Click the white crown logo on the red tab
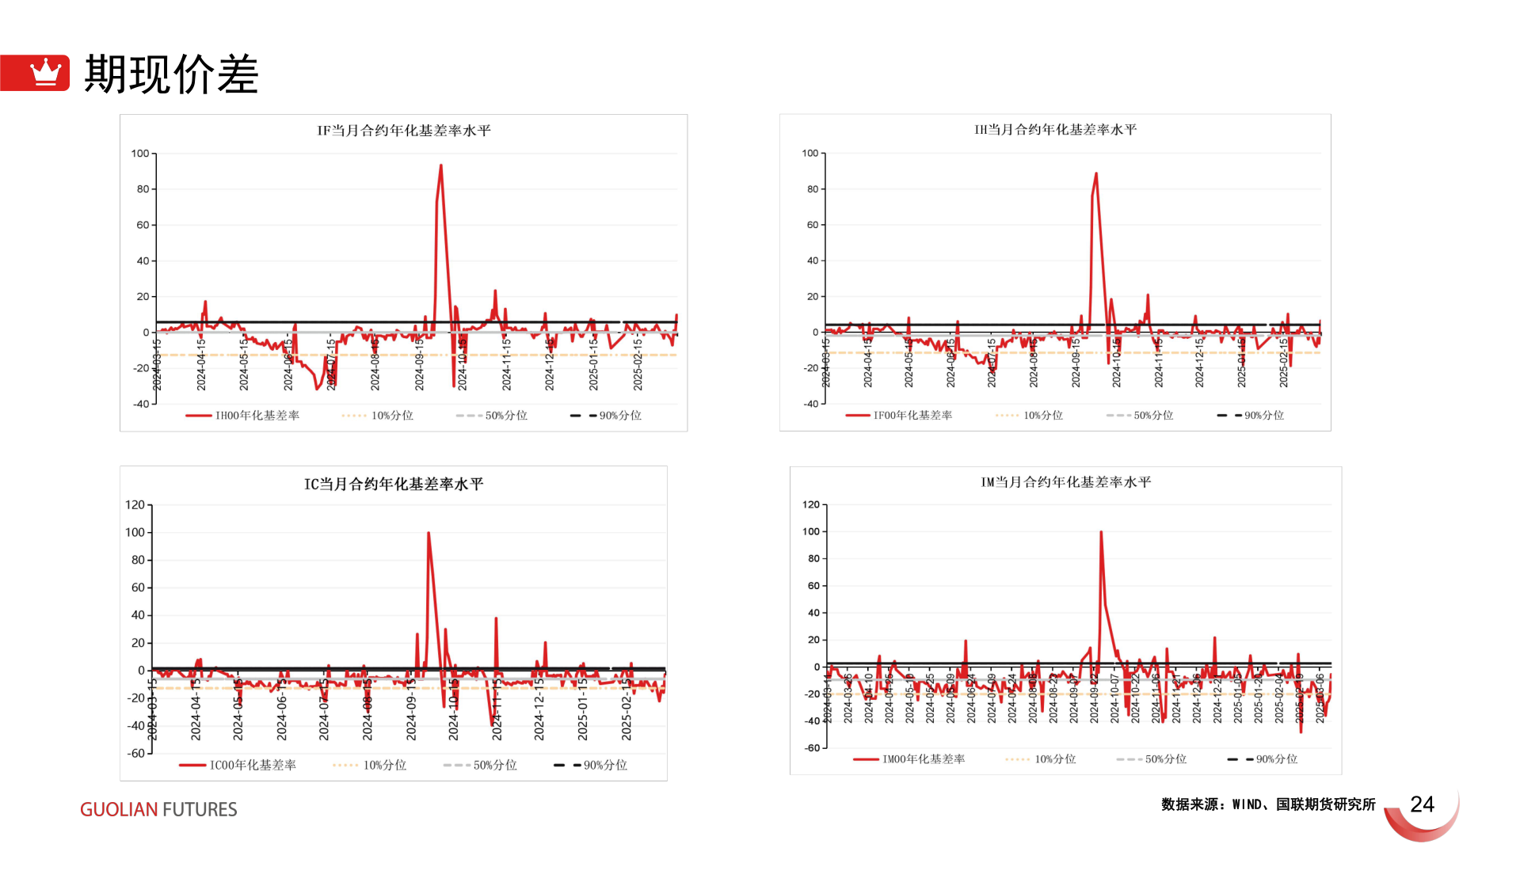pyautogui.click(x=45, y=72)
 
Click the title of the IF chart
pyautogui.click(x=404, y=131)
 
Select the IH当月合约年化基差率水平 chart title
pyautogui.click(x=1055, y=130)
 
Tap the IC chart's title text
pyautogui.click(x=394, y=484)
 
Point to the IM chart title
pyautogui.click(x=1066, y=482)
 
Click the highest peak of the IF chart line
pyautogui.click(x=441, y=165)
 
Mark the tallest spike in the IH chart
pyautogui.click(x=1096, y=173)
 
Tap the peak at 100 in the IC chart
pyautogui.click(x=429, y=533)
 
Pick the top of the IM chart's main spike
pyautogui.click(x=1101, y=532)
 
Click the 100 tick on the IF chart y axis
pyautogui.click(x=140, y=154)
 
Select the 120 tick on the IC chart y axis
pyautogui.click(x=135, y=505)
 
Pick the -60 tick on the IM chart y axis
pyautogui.click(x=811, y=748)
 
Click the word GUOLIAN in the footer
pyautogui.click(x=119, y=810)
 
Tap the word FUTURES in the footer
pyautogui.click(x=200, y=810)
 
